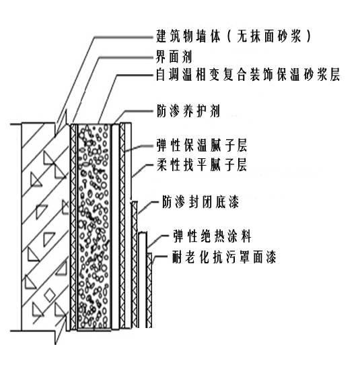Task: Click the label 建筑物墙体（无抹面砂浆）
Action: [233, 36]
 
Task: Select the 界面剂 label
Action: [174, 57]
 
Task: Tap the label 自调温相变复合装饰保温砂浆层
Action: [248, 74]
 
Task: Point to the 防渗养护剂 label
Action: [188, 110]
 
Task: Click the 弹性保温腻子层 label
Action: [201, 145]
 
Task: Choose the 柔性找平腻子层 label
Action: [201, 164]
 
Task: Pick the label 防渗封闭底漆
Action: [201, 201]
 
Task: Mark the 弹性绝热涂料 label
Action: [212, 236]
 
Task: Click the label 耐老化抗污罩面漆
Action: [224, 257]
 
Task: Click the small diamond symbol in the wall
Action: [49, 295]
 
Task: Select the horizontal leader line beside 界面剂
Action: [127, 57]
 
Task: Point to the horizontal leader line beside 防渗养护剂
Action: [140, 111]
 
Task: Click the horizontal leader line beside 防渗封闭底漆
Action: [153, 201]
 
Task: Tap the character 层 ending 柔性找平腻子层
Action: [241, 164]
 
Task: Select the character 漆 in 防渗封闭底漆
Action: [233, 201]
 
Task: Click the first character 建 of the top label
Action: [162, 36]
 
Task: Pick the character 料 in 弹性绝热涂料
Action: [246, 236]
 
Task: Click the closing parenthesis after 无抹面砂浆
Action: [308, 36]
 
